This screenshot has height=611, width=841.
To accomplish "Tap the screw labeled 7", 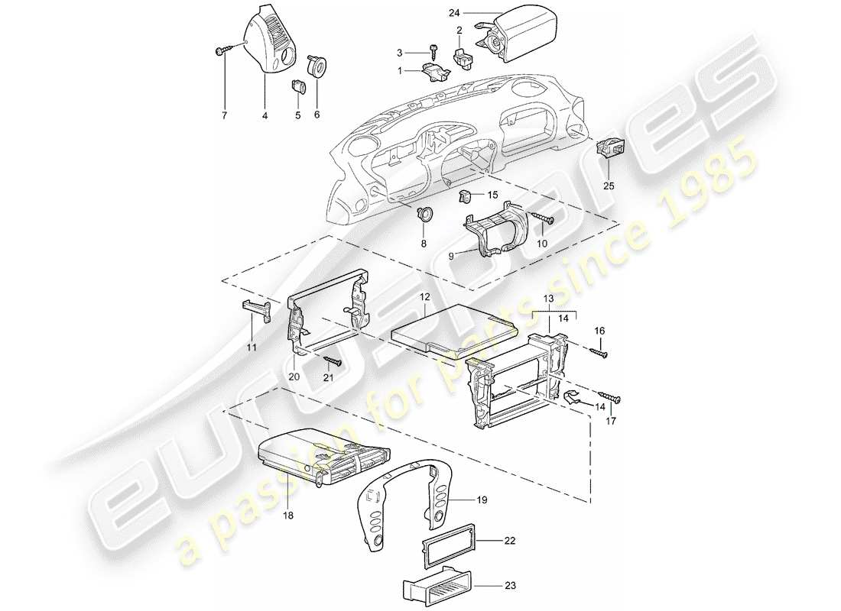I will click(x=222, y=51).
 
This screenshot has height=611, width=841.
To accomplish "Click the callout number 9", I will click(x=451, y=256).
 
